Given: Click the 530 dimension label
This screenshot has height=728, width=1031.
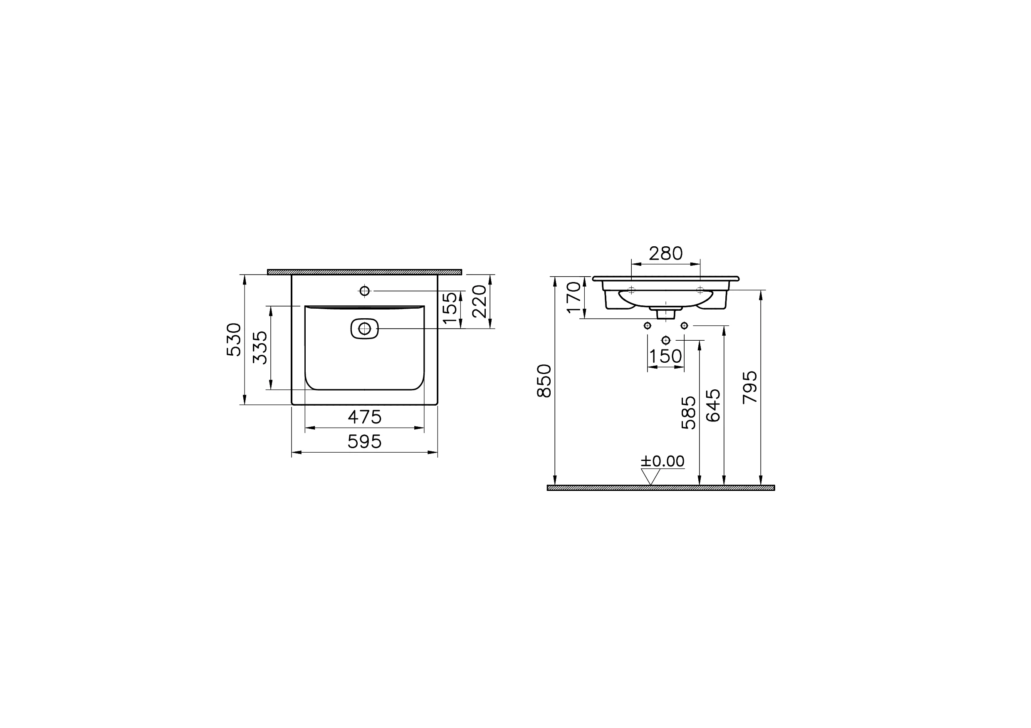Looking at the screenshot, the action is [234, 339].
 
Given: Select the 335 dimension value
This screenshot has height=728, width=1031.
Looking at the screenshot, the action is [260, 348].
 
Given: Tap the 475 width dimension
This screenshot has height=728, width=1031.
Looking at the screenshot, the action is [365, 417].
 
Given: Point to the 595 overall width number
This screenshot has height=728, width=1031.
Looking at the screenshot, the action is [365, 442].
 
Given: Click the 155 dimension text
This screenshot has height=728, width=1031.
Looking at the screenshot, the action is [450, 308].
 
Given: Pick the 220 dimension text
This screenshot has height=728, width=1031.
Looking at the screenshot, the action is [480, 301].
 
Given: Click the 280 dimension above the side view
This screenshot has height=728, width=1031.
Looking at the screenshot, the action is [666, 254].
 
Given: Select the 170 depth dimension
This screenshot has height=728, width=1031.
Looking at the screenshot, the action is [574, 297].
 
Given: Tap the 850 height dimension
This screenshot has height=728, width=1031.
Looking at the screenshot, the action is [544, 381].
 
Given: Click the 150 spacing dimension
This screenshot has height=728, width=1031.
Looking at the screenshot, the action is [666, 357].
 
